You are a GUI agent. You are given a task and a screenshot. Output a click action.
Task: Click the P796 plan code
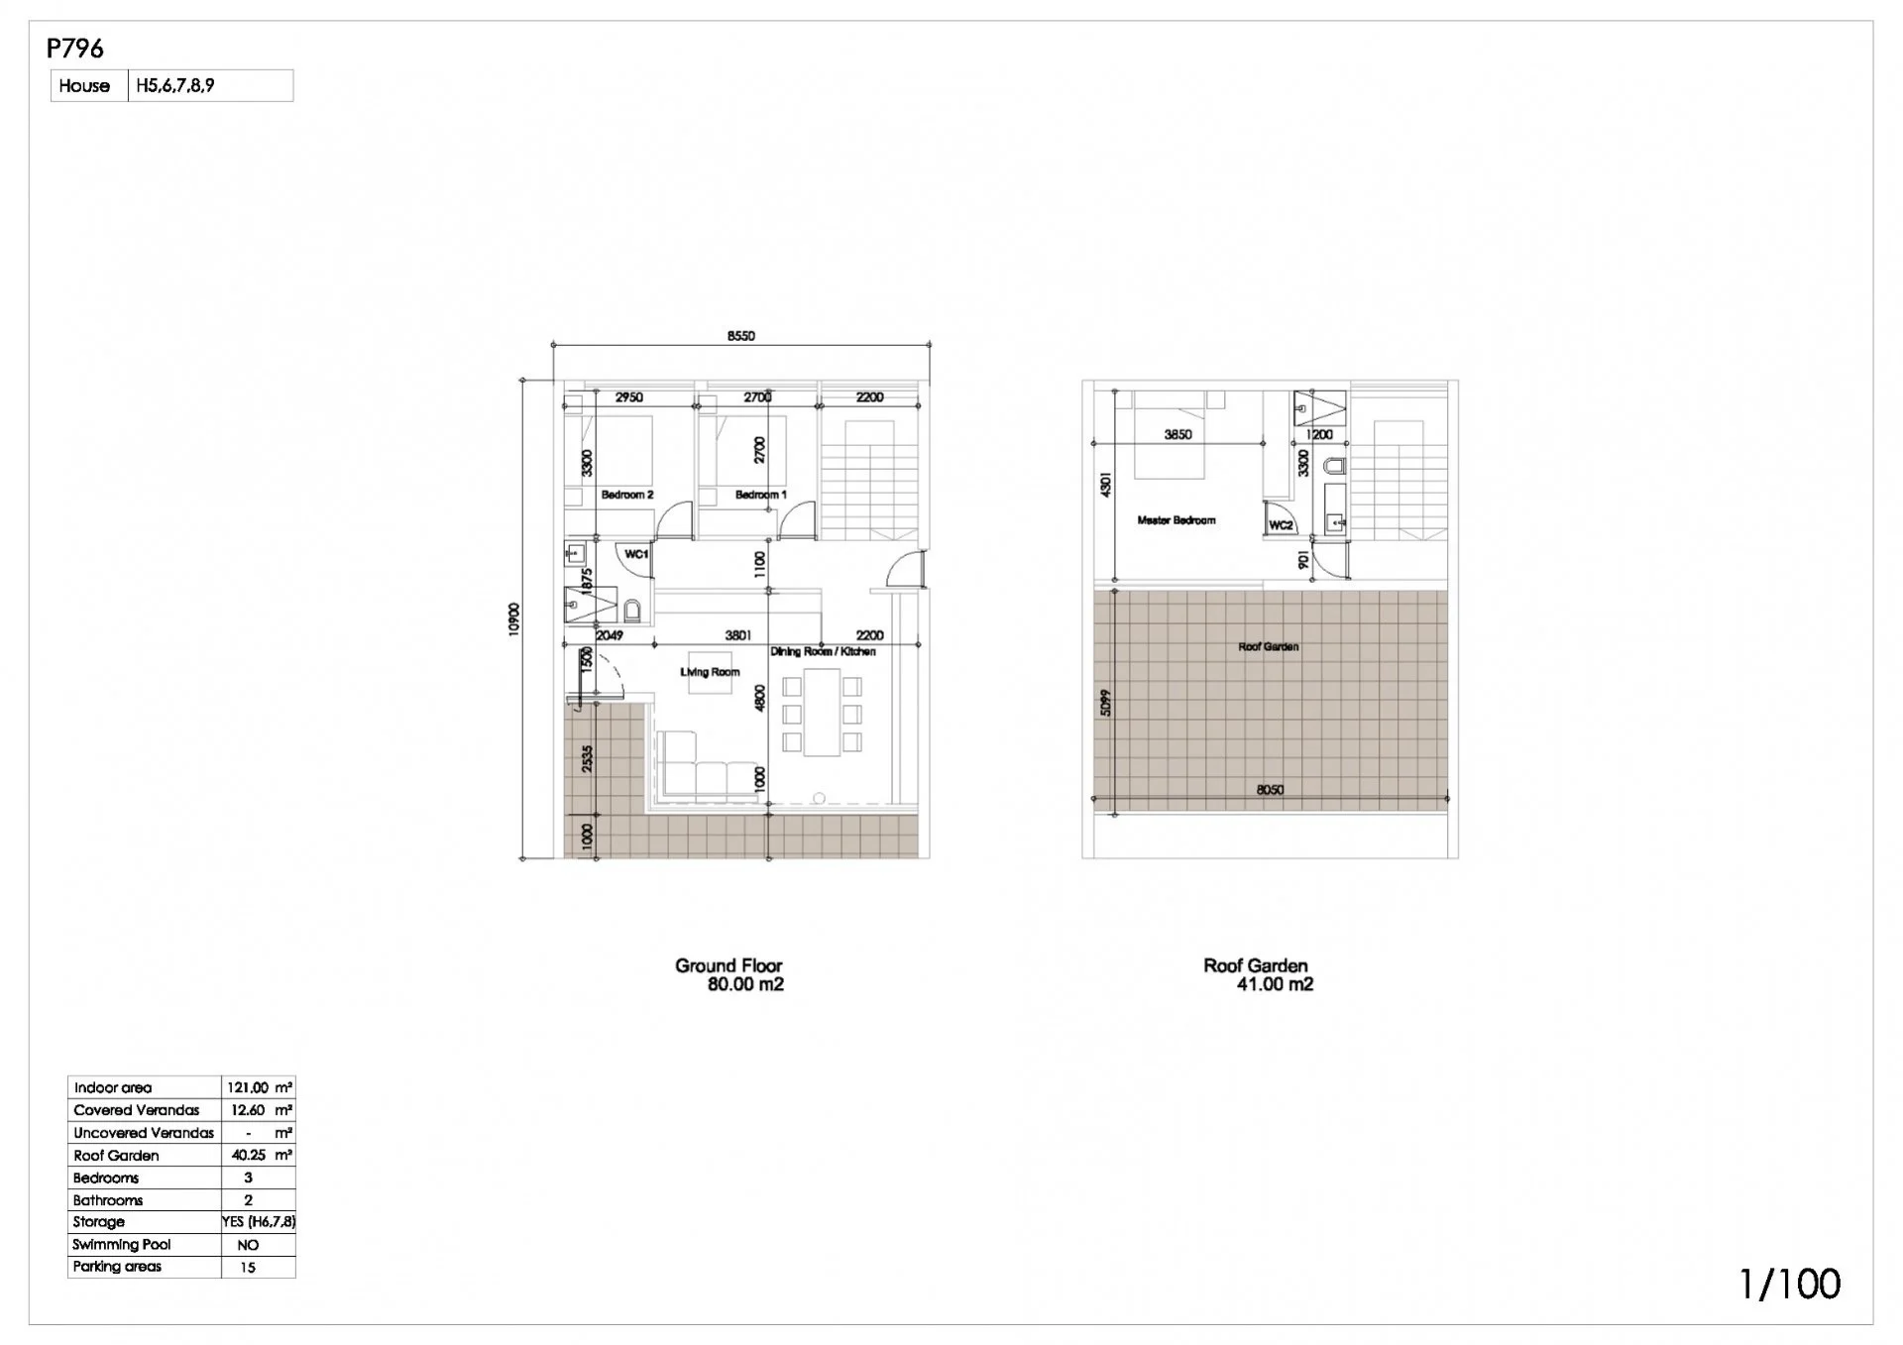[x=75, y=48]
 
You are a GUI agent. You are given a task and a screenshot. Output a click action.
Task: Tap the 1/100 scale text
[x=1790, y=1284]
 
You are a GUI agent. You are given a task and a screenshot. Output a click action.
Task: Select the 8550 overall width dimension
[x=740, y=336]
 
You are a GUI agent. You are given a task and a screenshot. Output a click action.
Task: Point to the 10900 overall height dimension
[x=513, y=619]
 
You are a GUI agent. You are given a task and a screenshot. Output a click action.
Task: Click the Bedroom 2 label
[x=627, y=495]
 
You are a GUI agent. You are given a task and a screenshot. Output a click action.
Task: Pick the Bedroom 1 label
[x=761, y=495]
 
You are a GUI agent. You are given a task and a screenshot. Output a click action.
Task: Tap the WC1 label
[x=636, y=554]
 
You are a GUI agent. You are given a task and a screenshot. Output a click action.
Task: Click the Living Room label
[x=710, y=672]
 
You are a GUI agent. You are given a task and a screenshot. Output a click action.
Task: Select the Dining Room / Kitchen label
[x=823, y=651]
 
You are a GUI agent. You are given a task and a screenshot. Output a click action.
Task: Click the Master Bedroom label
[x=1176, y=520]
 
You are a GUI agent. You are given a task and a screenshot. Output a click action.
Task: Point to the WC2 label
[x=1281, y=525]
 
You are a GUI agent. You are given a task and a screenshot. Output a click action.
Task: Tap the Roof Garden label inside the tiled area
[x=1269, y=647]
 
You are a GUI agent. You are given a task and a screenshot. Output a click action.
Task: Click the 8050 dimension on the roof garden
[x=1270, y=790]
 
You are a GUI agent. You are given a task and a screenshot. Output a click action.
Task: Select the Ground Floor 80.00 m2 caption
[x=730, y=974]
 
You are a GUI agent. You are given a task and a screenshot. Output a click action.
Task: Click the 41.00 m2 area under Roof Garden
[x=1275, y=984]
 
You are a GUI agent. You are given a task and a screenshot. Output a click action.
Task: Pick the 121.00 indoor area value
[x=248, y=1087]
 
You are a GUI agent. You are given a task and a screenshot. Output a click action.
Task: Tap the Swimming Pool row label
[x=122, y=1244]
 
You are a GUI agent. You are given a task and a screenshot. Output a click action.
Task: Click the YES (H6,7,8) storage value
[x=259, y=1222]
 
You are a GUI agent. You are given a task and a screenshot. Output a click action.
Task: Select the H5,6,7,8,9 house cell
[x=175, y=85]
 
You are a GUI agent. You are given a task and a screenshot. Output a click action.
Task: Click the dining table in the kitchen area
[x=822, y=712]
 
